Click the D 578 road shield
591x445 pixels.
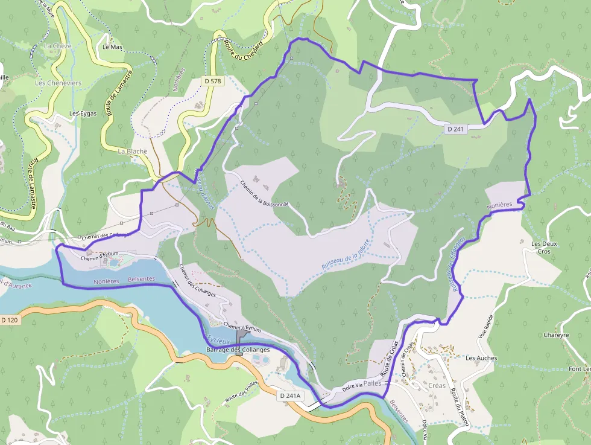click(x=212, y=80)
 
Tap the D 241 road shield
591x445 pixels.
click(x=455, y=129)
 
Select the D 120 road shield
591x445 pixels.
click(x=10, y=319)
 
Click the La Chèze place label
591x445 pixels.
click(x=57, y=46)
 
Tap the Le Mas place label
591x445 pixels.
click(x=112, y=46)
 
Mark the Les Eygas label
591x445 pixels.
click(x=83, y=113)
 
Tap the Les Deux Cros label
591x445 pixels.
click(x=540, y=247)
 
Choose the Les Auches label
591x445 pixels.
click(x=481, y=357)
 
